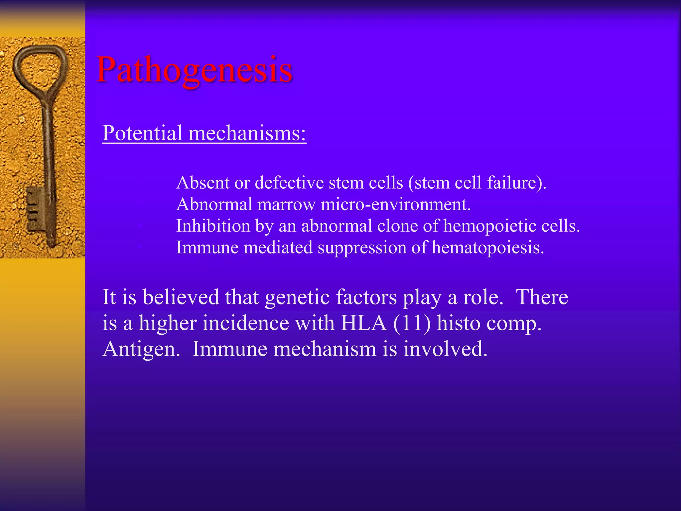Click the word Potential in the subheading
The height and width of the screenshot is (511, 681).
[x=142, y=133]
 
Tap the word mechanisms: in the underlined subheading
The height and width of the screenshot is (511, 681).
[x=247, y=133]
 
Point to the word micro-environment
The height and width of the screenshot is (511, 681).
[x=396, y=204]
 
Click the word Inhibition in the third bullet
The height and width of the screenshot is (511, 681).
[x=213, y=226]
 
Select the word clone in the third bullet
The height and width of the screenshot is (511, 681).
[x=397, y=226]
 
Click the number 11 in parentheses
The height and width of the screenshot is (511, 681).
[x=412, y=323]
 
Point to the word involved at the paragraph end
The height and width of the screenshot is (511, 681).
[x=445, y=349]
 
